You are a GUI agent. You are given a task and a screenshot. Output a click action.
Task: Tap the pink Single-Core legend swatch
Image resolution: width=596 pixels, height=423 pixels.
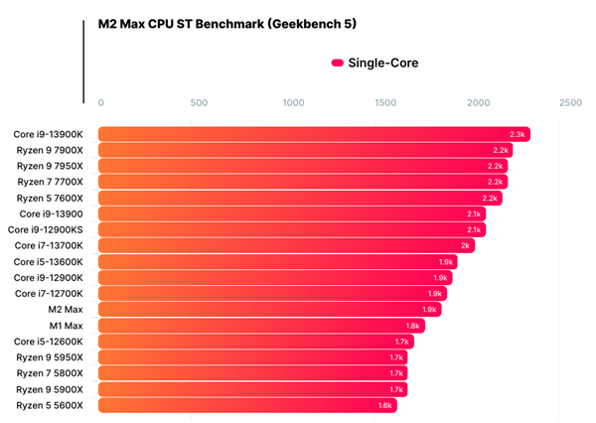337,63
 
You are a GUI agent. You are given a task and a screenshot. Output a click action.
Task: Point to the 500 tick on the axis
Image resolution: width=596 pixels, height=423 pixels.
199,102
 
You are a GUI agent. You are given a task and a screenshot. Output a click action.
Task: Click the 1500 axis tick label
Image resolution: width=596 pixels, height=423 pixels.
385,102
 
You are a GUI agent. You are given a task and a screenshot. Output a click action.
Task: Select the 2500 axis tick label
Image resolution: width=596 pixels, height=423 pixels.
570,102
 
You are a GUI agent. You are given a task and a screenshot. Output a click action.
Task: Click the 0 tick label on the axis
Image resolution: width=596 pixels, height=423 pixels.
100,102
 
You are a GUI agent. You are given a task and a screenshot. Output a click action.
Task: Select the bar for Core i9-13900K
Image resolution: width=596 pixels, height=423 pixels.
314,134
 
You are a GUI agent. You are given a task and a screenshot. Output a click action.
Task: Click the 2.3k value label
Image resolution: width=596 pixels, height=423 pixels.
518,134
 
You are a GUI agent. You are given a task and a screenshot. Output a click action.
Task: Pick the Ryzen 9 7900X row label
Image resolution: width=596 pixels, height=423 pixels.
50,151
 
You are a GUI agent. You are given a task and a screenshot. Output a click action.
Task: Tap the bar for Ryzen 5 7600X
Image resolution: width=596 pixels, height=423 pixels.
300,198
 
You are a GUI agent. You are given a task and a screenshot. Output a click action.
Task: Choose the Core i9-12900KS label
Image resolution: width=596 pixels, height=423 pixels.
46,229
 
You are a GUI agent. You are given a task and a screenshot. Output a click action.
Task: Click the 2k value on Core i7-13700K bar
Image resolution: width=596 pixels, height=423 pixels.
466,246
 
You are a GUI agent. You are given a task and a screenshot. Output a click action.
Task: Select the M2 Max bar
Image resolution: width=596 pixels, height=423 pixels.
269,310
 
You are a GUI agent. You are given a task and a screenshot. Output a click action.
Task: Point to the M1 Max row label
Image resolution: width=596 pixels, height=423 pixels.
66,326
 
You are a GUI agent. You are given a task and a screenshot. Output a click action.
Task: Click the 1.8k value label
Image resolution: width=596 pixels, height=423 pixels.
413,326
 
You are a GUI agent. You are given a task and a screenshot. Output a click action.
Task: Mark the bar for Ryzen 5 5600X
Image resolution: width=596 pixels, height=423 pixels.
247,405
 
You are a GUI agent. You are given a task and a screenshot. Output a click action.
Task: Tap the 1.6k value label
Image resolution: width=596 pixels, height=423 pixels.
385,405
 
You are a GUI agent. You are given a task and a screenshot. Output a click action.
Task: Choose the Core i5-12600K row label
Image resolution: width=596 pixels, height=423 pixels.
49,342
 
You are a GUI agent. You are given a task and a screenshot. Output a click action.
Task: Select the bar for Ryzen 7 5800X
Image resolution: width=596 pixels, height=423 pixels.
252,373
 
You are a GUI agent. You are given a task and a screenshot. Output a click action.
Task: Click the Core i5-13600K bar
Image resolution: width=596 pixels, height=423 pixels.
277,262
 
